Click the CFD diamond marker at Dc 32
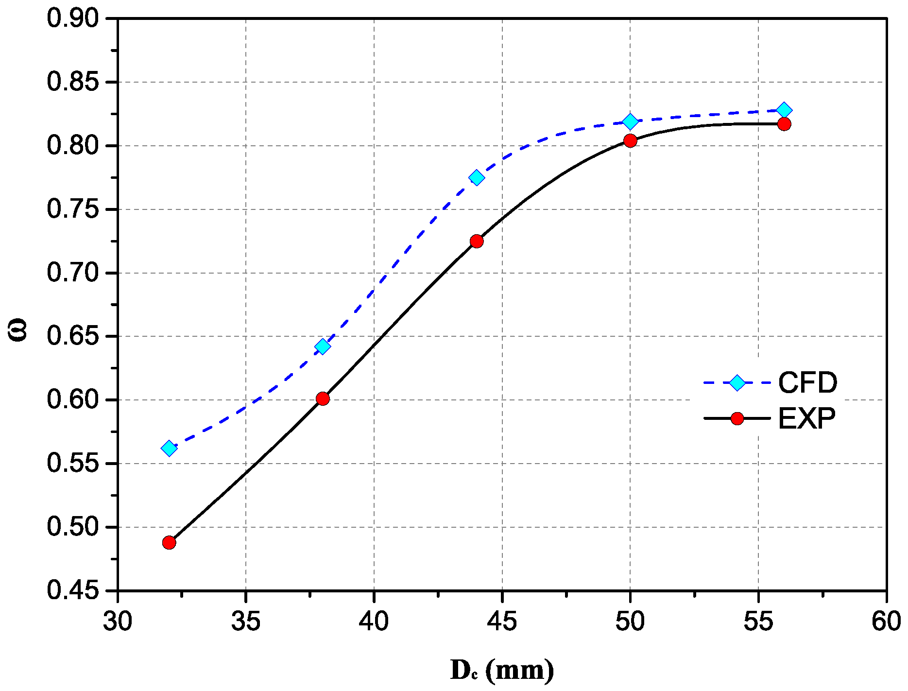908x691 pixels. click(x=169, y=448)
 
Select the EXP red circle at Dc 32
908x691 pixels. click(x=169, y=542)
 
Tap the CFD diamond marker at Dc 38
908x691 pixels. click(x=323, y=346)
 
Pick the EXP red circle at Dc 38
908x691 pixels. click(x=323, y=398)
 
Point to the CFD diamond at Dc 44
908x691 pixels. click(x=477, y=177)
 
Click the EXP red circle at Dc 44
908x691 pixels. click(x=477, y=241)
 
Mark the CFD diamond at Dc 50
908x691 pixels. click(x=630, y=121)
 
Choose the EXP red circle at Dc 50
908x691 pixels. click(x=630, y=140)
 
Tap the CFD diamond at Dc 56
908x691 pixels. click(x=784, y=110)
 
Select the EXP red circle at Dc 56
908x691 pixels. click(x=784, y=124)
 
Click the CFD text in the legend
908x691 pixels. click(x=807, y=383)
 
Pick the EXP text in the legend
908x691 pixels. click(x=806, y=418)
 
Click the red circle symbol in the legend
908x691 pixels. click(x=737, y=418)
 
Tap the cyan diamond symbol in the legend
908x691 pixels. click(x=737, y=383)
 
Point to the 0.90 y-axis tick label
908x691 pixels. click(x=72, y=18)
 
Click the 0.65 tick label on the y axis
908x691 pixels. click(x=72, y=336)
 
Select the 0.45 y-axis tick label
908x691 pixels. click(x=72, y=590)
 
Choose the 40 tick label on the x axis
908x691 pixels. click(x=374, y=622)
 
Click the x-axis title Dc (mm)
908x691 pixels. click(x=502, y=671)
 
